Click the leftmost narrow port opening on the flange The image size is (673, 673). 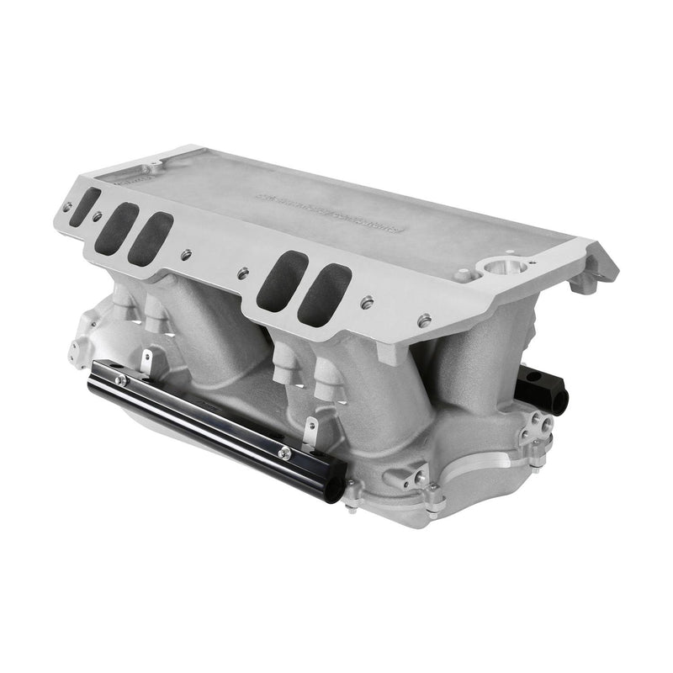coord(84,206)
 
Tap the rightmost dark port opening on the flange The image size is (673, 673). coord(323,295)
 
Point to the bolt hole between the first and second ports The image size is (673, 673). coord(98,216)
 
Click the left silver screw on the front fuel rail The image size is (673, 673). coord(122,380)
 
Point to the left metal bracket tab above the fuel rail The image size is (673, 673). coord(146,363)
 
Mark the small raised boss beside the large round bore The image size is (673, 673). coord(464,274)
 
